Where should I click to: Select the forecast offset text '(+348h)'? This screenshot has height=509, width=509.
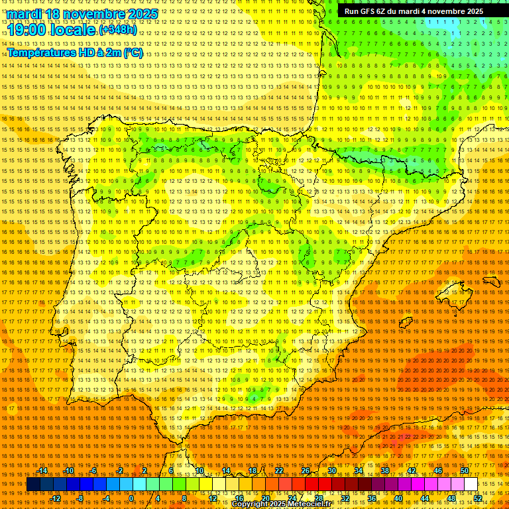tap(118, 30)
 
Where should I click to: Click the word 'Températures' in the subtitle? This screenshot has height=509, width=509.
tap(40, 52)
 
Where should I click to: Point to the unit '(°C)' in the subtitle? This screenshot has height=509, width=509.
tap(133, 52)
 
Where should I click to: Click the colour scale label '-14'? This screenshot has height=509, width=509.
tap(43, 471)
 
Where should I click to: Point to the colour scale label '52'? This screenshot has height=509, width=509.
tap(477, 498)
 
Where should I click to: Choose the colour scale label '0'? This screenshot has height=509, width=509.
tap(132, 498)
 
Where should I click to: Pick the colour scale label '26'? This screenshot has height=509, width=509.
tap(306, 471)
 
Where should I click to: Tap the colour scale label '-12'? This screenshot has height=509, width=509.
tap(56, 498)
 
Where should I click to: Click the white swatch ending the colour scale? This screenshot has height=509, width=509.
tap(471, 484)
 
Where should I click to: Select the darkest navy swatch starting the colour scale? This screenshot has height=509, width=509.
tap(33, 484)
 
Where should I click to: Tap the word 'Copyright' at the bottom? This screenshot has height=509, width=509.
tap(251, 504)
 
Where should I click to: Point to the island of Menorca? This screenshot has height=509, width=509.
tap(491, 280)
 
